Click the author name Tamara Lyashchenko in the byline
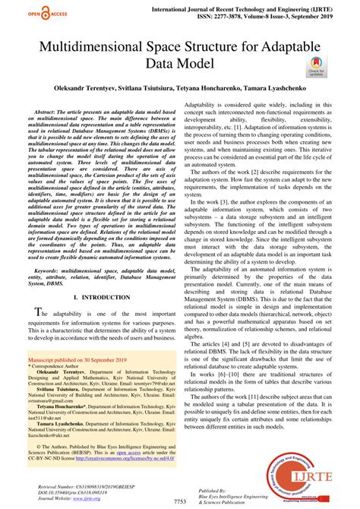278,89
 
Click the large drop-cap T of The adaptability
34,315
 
